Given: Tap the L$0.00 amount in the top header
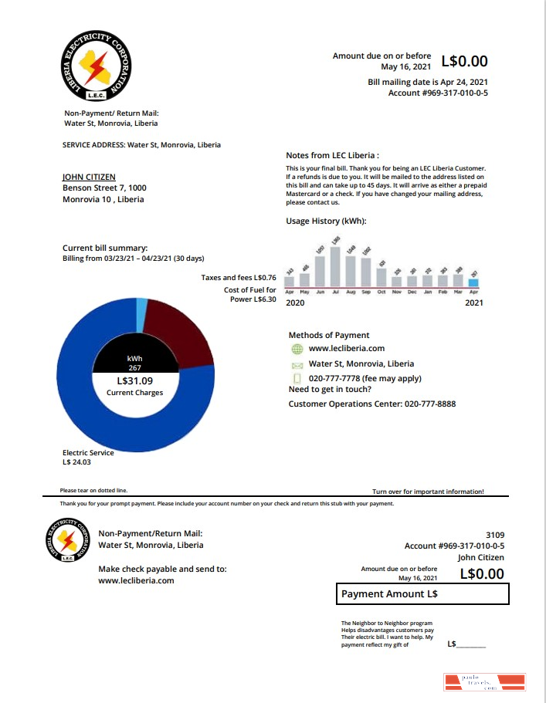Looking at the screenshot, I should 464,62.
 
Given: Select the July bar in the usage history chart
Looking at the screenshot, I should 335,266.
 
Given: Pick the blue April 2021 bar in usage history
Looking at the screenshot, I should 473,282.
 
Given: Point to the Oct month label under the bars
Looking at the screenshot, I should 382,292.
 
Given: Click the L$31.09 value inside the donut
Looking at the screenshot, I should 135,380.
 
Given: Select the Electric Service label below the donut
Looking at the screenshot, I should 88,453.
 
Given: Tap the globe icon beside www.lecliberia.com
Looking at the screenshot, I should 297,349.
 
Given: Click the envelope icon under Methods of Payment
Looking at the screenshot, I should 297,364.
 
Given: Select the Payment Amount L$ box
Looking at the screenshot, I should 423,594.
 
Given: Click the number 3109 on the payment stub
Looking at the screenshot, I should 494,534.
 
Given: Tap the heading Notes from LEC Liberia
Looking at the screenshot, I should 332,155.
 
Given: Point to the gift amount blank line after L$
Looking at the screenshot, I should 471,644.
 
